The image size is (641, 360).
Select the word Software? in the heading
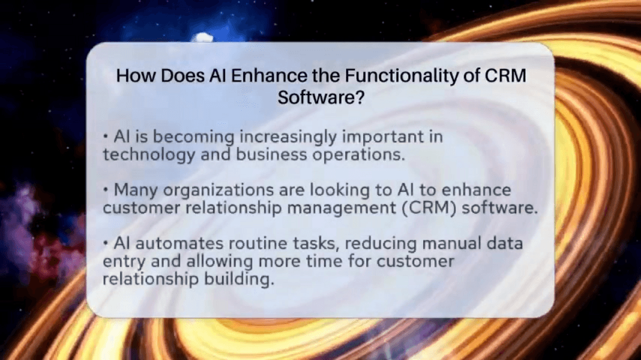320,97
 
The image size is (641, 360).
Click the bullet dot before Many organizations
105,190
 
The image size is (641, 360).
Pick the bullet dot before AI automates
105,244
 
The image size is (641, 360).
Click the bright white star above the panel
203,37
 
